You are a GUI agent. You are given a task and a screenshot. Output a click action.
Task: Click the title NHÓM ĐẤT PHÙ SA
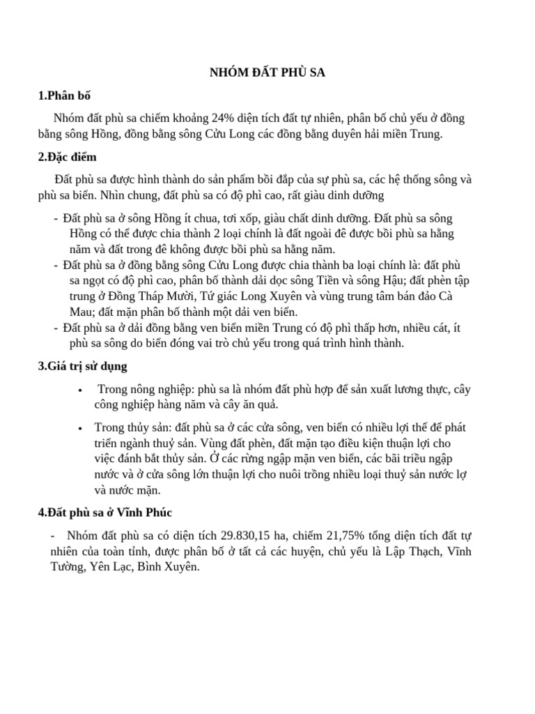pos(267,73)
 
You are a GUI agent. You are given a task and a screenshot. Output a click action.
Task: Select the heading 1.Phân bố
pos(65,96)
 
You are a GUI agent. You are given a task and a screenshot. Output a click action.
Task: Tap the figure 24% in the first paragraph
pos(224,118)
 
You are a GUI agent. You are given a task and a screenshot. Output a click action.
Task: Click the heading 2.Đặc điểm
pos(68,157)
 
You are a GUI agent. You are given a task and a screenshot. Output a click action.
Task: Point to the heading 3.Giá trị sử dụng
pos(83,365)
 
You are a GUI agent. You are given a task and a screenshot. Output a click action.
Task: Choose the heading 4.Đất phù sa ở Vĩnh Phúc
pos(104,513)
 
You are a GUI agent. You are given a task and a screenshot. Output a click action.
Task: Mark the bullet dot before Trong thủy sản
pos(82,427)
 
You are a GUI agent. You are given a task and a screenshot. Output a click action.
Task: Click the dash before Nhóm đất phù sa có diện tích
pos(54,535)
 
